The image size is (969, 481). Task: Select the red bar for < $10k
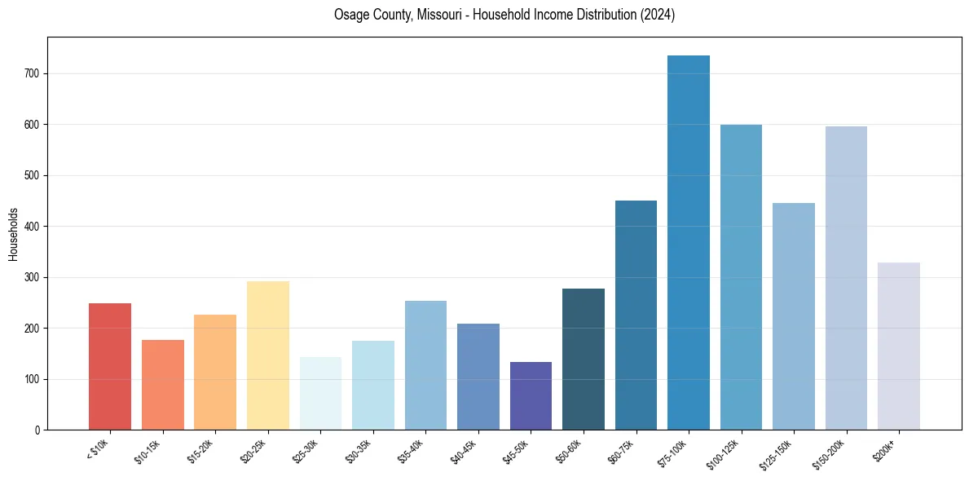110,367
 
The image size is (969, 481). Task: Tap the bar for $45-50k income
531,396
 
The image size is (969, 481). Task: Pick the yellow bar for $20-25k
268,355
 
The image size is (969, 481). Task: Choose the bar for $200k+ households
899,346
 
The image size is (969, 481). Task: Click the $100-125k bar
741,277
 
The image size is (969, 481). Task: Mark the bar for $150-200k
846,278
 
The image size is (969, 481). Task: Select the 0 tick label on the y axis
37,430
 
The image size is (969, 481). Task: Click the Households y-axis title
13,234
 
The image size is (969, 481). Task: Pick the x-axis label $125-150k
778,452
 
